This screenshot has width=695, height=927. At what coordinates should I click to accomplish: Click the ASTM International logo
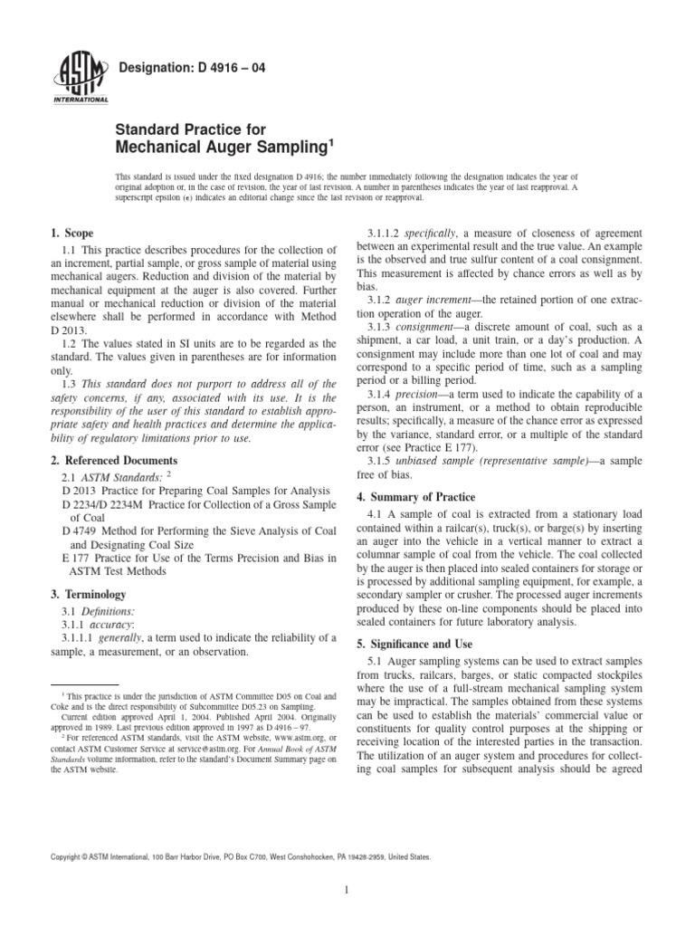(x=82, y=80)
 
